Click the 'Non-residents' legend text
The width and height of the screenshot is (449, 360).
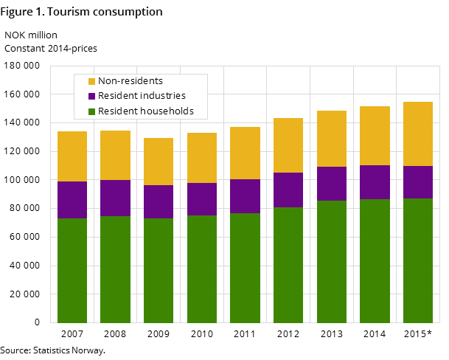(130, 81)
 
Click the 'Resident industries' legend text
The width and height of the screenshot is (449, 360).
(142, 96)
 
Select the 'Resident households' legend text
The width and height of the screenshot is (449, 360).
(145, 111)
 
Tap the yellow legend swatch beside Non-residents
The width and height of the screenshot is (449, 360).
(92, 81)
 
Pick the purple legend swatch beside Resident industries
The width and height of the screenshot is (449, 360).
(92, 97)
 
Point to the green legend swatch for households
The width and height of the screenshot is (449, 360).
(92, 112)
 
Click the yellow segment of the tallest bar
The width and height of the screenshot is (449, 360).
(418, 134)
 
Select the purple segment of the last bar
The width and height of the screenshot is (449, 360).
(418, 182)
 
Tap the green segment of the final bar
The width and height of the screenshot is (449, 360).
(418, 260)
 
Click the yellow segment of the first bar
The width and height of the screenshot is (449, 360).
(72, 156)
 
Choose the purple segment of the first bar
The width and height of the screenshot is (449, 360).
(72, 200)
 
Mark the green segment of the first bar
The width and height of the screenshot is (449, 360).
(72, 270)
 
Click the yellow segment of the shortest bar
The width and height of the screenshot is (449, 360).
(159, 162)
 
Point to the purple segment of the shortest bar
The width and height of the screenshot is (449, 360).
(159, 201)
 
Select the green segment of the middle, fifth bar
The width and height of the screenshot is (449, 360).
(245, 268)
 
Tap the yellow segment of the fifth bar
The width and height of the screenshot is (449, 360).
(245, 153)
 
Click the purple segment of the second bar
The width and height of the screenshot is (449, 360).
(115, 198)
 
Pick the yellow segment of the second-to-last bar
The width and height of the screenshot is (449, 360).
(375, 136)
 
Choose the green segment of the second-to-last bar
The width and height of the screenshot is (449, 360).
(375, 260)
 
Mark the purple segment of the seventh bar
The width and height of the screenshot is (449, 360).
(332, 184)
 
